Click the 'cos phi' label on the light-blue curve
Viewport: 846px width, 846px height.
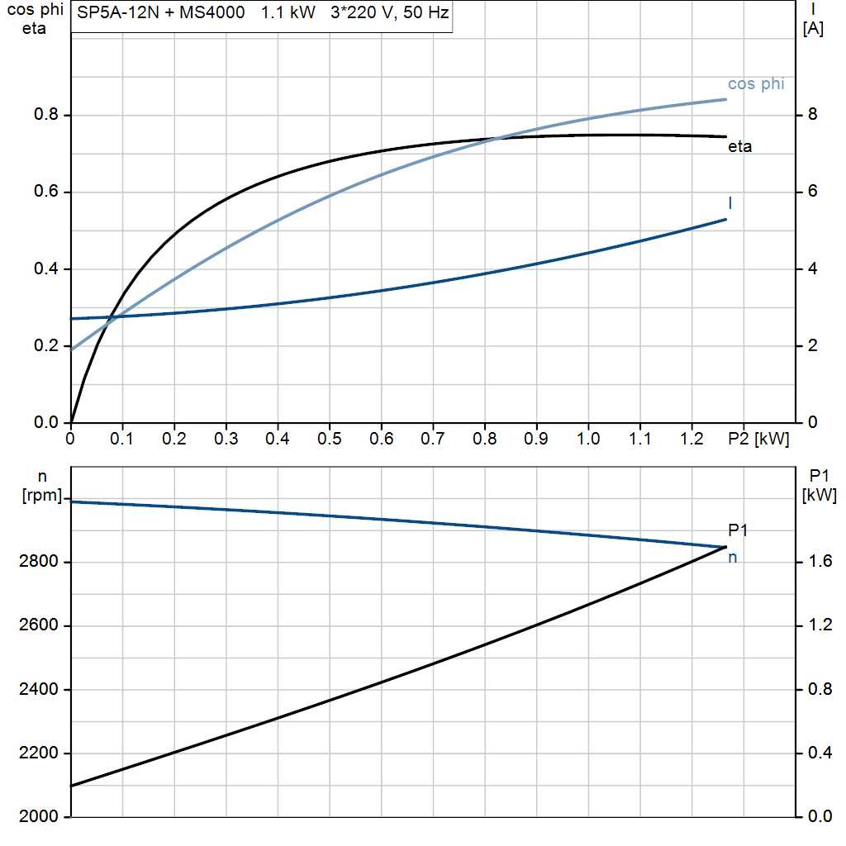coord(755,84)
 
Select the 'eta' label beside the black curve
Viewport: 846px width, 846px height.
coord(739,148)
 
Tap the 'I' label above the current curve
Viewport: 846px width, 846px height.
coord(730,202)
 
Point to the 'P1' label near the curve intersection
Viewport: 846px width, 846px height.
coord(738,530)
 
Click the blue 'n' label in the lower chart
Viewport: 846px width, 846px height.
coord(732,558)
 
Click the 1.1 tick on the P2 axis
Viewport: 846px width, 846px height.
coord(640,439)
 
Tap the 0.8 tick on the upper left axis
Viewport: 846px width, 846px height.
coord(46,115)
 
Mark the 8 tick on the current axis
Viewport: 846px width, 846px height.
coord(813,115)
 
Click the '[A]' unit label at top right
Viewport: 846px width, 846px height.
coord(813,29)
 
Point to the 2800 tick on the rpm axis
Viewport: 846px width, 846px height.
coord(39,563)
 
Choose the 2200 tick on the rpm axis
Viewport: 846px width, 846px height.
coord(39,753)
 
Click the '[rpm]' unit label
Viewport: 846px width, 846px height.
coord(41,495)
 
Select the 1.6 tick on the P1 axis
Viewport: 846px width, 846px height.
coord(818,563)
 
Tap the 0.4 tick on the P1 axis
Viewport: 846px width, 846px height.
coord(818,753)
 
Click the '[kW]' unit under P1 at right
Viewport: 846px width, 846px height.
coord(820,496)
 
